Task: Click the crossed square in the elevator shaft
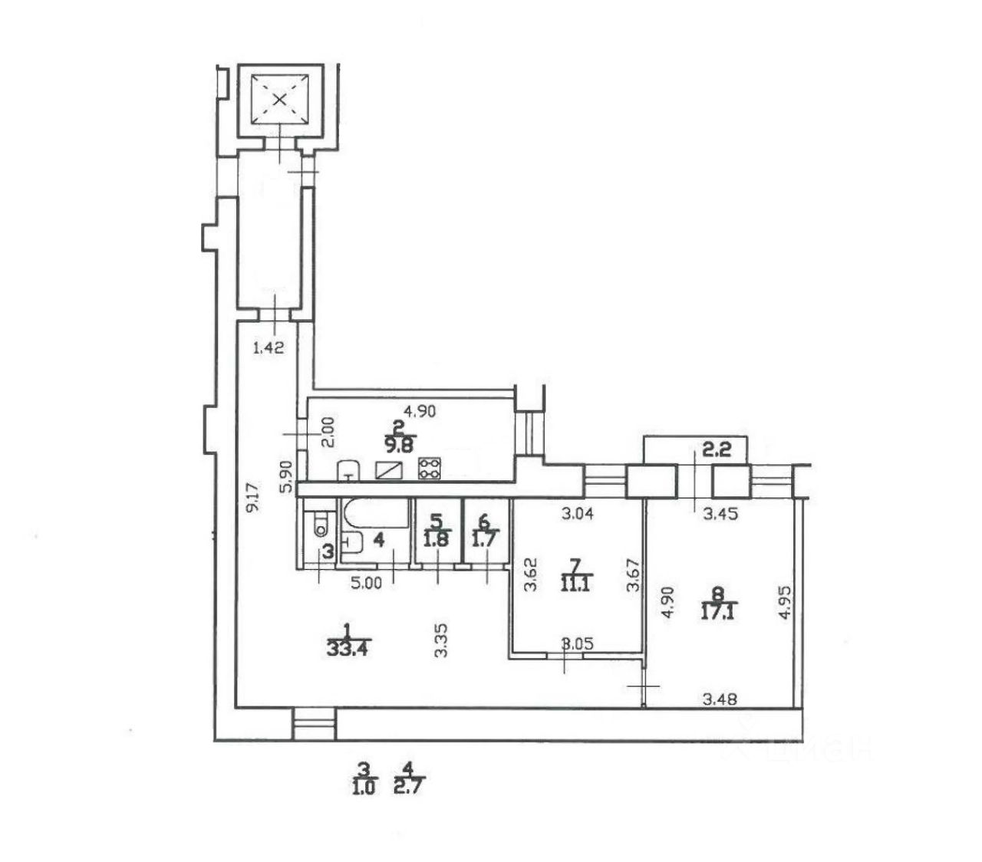point(280,98)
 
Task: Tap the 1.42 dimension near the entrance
point(269,347)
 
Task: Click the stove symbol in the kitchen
point(429,469)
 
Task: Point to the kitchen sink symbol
point(350,470)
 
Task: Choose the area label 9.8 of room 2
point(398,443)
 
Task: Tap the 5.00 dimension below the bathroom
point(366,583)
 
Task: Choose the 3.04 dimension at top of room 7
point(578,514)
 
